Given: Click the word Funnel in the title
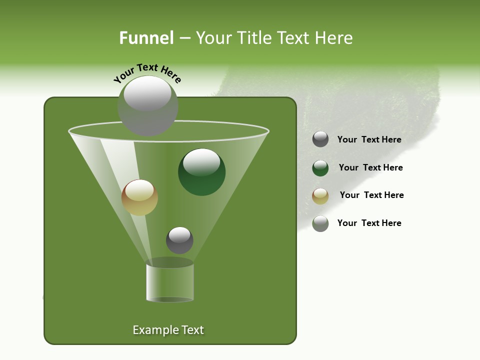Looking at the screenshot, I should (146, 38).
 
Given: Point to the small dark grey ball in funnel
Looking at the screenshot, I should (179, 240).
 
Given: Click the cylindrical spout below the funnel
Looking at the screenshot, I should (169, 283).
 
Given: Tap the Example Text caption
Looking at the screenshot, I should (168, 330).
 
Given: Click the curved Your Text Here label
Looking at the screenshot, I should (147, 73).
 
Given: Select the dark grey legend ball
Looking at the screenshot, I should (320, 139).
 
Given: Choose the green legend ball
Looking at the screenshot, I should (320, 168).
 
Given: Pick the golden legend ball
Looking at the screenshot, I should (320, 195).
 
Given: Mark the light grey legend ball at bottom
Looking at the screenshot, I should (320, 223).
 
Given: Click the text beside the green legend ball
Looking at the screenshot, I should (370, 167).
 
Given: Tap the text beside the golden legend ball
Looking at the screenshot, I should (371, 195).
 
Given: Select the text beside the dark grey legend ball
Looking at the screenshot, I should (369, 139).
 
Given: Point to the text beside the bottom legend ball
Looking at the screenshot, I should (369, 223).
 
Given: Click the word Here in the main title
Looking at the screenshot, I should (334, 38).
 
